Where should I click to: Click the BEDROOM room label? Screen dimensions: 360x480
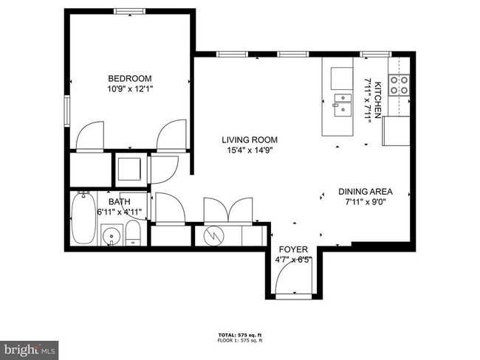130,79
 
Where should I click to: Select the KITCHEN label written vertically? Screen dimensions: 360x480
377,96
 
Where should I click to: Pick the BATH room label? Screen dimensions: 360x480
119,201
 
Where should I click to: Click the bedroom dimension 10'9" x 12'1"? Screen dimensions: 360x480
130,89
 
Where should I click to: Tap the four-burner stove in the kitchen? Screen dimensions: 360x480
400,86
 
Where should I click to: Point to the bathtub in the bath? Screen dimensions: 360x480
83,220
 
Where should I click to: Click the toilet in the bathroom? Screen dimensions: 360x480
133,235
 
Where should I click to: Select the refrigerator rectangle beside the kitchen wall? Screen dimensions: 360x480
395,133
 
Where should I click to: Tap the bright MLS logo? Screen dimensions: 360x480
29,347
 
